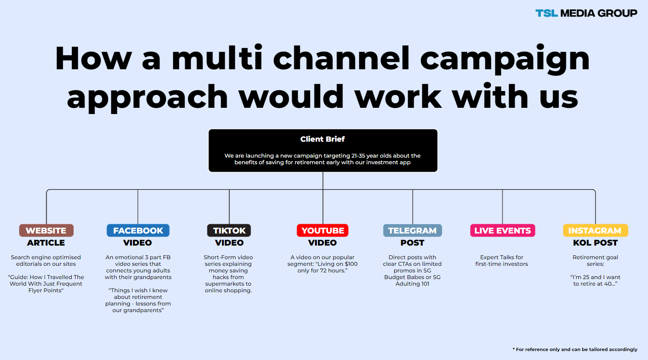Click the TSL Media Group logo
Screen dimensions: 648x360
click(586, 13)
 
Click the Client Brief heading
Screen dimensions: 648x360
click(323, 139)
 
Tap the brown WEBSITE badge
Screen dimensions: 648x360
click(46, 230)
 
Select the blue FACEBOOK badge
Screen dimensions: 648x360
click(138, 230)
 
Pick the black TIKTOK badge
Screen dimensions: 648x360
click(229, 230)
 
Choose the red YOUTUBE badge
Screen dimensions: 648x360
click(323, 230)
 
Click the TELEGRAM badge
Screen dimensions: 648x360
click(413, 230)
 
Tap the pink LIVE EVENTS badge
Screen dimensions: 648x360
click(502, 230)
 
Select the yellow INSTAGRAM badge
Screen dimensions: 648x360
click(595, 230)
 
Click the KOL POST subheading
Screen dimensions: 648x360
click(595, 243)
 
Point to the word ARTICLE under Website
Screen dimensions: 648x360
click(46, 243)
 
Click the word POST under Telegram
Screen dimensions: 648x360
click(412, 243)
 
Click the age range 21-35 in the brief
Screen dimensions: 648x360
click(358, 156)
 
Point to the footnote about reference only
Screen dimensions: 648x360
click(575, 349)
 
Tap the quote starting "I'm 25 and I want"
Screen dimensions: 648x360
click(595, 281)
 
